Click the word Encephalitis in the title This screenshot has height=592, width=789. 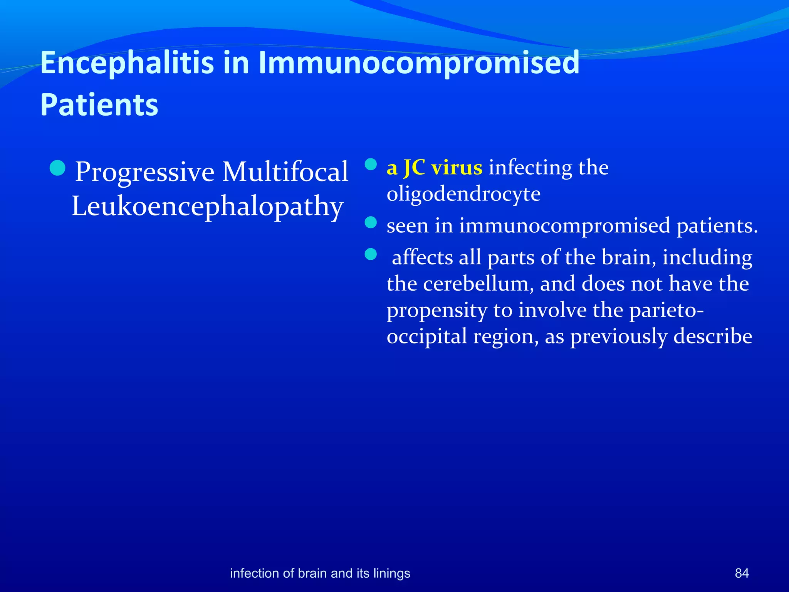click(127, 63)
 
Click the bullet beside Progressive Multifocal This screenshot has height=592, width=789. click(58, 168)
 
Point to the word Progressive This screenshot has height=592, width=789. click(145, 172)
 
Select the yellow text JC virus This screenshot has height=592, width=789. click(443, 168)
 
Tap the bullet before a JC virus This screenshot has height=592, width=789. click(371, 165)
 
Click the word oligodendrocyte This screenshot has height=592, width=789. click(463, 194)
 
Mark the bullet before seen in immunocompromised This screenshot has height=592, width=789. click(371, 222)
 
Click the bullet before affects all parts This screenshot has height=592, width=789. click(371, 254)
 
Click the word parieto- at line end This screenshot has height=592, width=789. click(666, 310)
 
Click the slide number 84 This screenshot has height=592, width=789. click(742, 573)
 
